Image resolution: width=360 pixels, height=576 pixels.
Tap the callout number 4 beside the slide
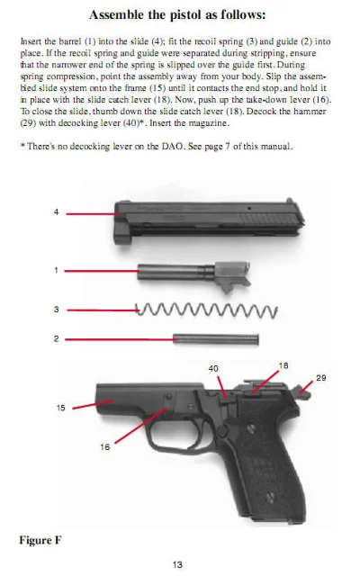56,212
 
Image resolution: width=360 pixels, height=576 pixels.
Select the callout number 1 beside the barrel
56,269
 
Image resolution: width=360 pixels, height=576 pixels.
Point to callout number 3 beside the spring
56,310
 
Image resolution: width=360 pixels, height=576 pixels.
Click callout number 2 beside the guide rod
56,339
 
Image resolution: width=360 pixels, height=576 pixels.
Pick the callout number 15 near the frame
60,408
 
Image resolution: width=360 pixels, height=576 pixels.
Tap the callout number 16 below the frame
105,446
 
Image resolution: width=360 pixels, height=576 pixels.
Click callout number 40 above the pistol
213,368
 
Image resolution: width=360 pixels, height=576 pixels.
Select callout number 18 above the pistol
283,364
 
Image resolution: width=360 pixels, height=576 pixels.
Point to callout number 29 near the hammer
320,378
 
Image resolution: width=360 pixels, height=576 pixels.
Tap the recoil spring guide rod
216,339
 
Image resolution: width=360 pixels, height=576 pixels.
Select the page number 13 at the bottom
178,564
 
